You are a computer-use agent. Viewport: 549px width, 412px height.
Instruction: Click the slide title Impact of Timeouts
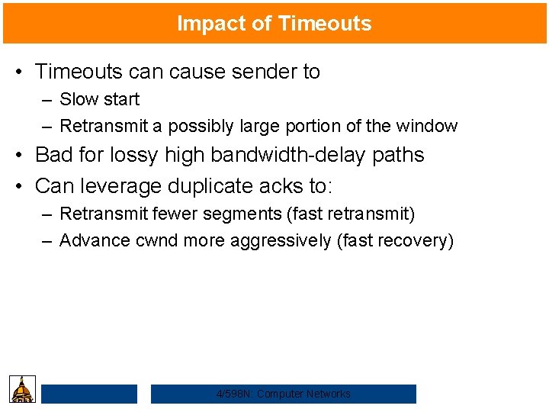pos(274,24)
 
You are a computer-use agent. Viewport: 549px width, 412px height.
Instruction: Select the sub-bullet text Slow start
pos(99,99)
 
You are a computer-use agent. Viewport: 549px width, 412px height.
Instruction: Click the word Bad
pos(53,154)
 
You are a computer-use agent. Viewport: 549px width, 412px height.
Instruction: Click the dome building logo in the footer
pos(23,389)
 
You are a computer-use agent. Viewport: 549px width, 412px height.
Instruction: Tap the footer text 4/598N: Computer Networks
pos(284,394)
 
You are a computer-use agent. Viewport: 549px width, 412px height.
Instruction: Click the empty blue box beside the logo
pos(89,394)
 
